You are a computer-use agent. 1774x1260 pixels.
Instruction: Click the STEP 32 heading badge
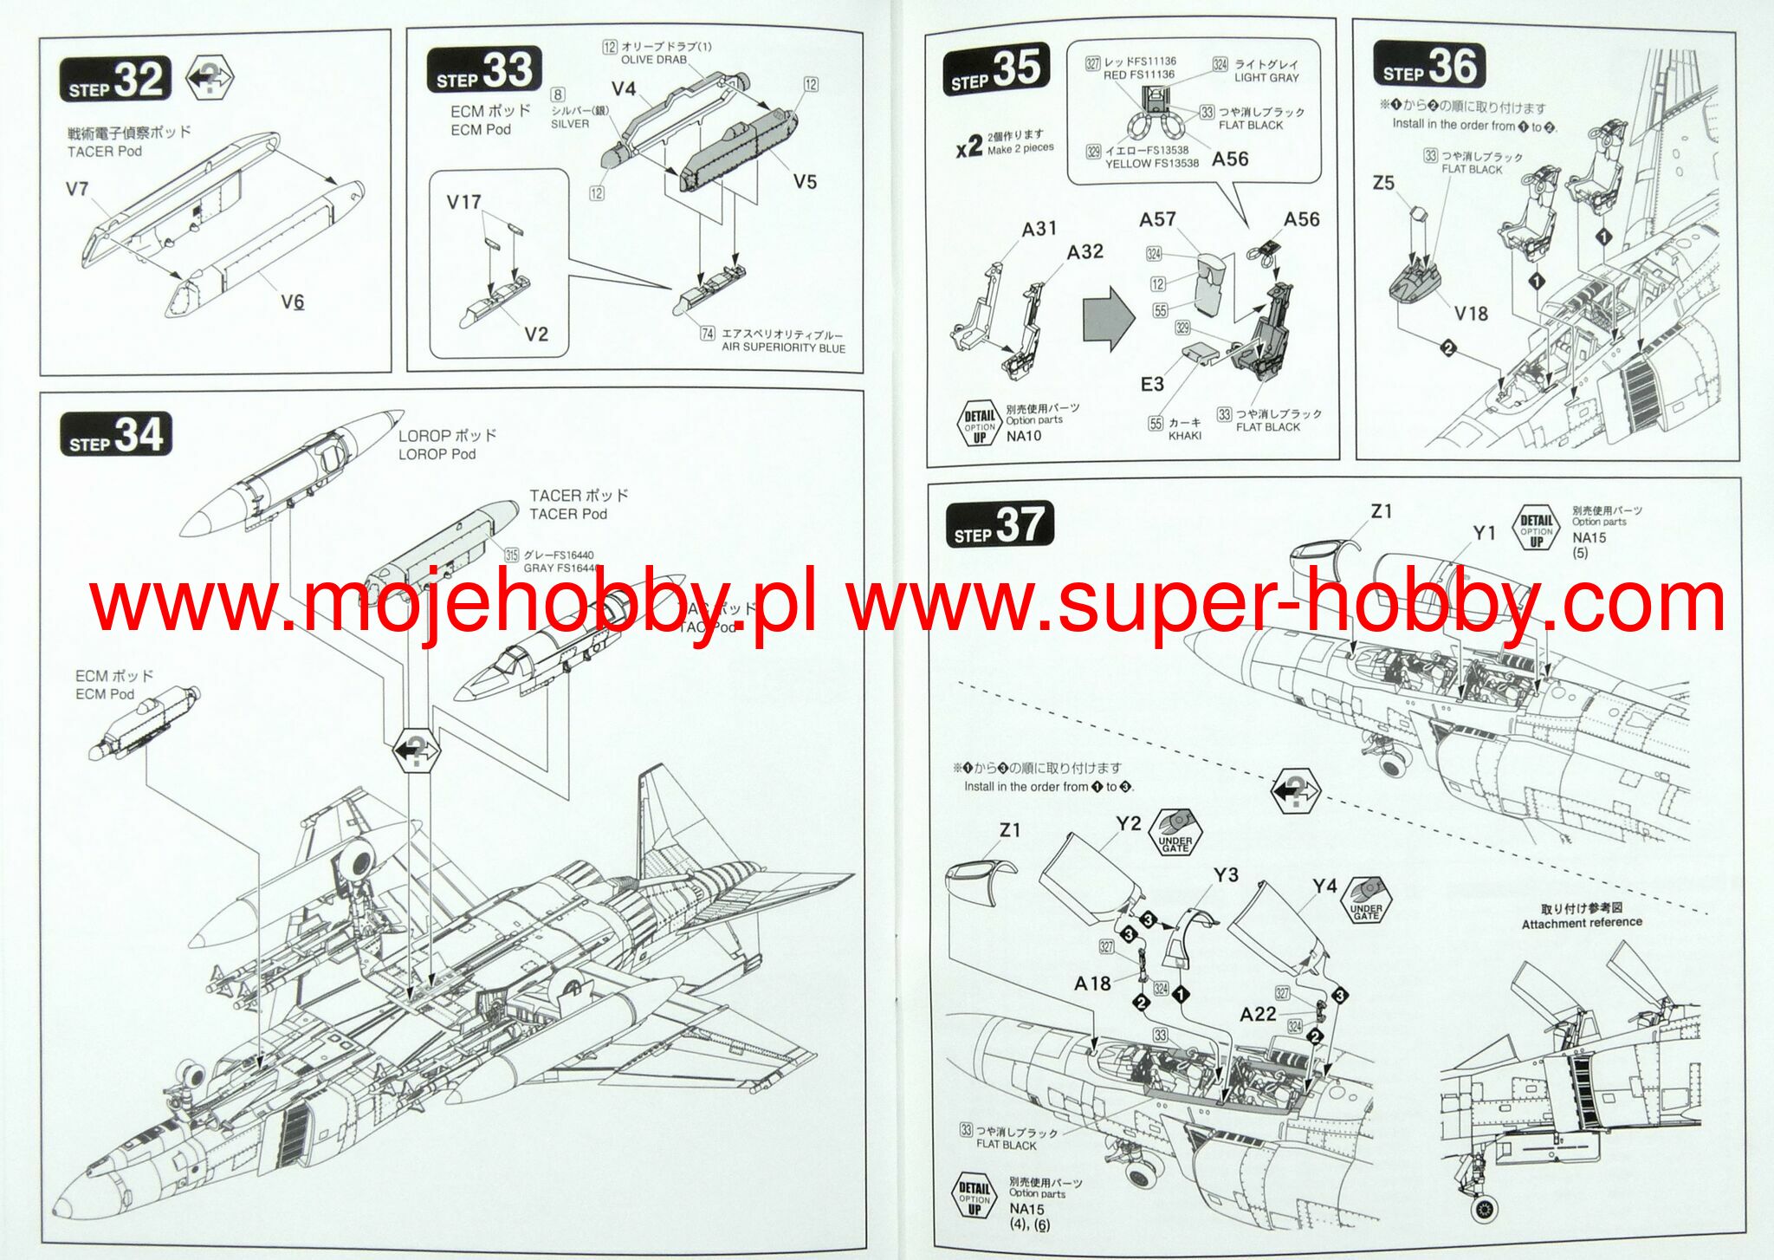click(115, 80)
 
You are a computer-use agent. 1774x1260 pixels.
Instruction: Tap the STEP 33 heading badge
click(484, 70)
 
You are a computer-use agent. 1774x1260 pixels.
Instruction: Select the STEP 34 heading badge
click(115, 435)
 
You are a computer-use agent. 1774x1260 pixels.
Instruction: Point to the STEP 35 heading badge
click(996, 68)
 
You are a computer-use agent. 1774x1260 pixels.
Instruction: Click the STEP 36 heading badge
click(1429, 66)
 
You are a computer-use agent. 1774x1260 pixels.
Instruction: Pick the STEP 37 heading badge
click(1000, 525)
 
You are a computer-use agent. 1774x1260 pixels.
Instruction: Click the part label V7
click(77, 189)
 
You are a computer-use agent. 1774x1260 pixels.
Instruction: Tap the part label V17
click(463, 203)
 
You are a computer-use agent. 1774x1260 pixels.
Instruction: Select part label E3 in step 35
click(1152, 384)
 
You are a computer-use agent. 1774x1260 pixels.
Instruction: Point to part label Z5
click(1383, 183)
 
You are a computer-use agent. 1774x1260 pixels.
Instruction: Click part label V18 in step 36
click(1471, 314)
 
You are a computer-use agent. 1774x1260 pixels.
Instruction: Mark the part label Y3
click(1226, 875)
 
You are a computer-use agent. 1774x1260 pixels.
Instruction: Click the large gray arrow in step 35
click(1109, 320)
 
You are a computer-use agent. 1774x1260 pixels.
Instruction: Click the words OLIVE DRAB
click(653, 60)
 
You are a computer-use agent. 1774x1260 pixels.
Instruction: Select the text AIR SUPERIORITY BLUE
click(783, 347)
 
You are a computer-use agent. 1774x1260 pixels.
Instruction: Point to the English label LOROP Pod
click(437, 454)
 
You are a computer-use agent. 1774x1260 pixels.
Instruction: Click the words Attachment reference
click(1582, 924)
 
